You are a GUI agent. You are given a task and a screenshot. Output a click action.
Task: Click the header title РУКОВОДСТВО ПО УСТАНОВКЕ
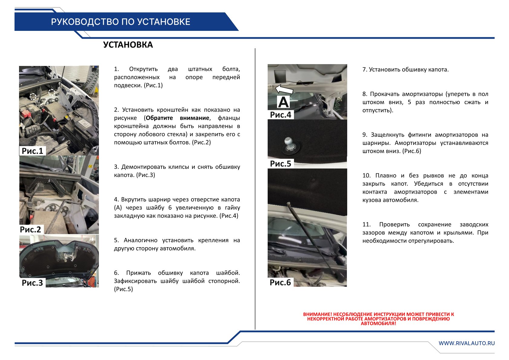pos(120,22)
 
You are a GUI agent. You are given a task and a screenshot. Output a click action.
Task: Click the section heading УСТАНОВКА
pos(128,45)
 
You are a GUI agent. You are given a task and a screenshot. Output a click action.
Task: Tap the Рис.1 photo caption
pos(32,151)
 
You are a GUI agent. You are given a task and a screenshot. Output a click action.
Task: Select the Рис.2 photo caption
pos(31,229)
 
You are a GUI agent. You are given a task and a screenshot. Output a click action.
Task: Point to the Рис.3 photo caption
pos(32,283)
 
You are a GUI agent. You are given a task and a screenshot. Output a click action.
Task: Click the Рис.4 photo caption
pos(280,115)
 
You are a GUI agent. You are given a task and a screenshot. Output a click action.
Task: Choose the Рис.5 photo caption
pos(280,164)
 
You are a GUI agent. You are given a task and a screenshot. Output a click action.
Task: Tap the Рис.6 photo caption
pos(280,282)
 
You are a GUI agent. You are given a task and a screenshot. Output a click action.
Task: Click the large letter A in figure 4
pos(283,102)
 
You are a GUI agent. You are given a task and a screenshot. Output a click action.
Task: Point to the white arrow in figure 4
pos(284,89)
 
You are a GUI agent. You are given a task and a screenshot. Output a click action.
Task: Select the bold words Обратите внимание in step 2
pos(177,118)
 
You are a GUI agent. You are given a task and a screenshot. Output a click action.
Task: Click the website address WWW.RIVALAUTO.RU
pos(467,343)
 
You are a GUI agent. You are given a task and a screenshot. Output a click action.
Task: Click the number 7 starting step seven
pos(364,70)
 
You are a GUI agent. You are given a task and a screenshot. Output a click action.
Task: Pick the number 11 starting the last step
pos(366,224)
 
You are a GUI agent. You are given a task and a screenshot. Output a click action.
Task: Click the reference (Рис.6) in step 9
pos(412,151)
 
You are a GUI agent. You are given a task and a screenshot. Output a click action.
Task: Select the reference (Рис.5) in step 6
pos(123,289)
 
